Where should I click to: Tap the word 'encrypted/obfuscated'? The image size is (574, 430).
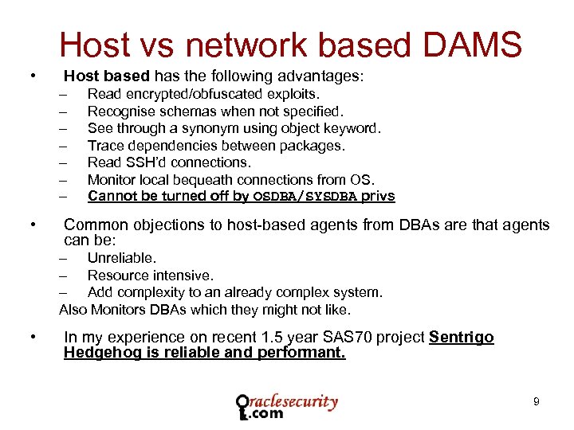tap(187, 95)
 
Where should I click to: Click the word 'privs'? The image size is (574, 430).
tap(378, 197)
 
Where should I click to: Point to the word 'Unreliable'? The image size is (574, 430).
tap(121, 258)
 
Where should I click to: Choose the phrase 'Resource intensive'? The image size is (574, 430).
tap(150, 276)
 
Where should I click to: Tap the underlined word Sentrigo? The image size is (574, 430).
tap(461, 337)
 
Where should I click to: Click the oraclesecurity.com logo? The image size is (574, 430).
tap(287, 406)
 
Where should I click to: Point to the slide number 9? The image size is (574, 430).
tap(536, 402)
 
